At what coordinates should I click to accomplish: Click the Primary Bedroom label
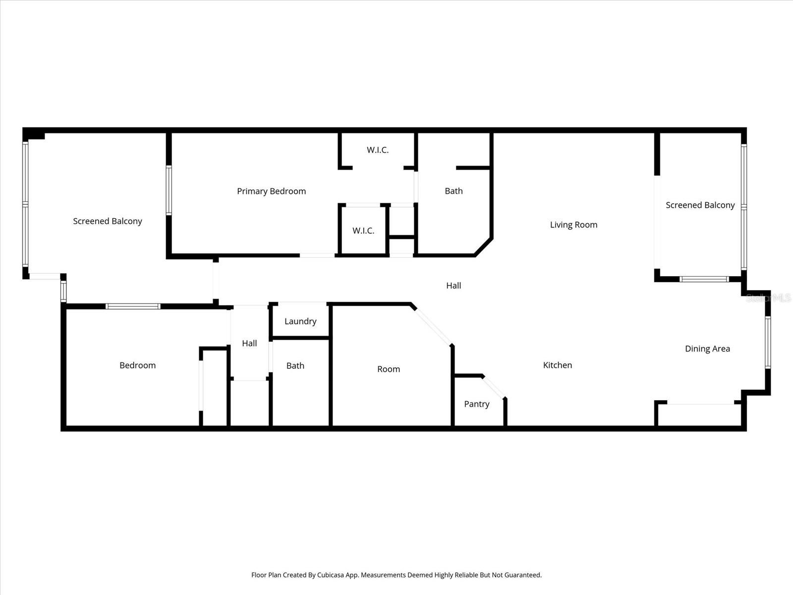271,191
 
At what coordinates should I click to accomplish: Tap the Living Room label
573,225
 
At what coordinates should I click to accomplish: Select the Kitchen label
558,365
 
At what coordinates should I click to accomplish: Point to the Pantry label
476,404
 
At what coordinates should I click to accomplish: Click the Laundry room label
300,321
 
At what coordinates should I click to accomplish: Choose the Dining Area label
707,349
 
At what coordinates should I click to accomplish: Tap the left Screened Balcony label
108,221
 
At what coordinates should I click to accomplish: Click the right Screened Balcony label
700,205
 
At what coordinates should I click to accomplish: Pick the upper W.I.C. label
378,150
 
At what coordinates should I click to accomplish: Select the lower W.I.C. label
363,231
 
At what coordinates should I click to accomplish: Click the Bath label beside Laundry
295,366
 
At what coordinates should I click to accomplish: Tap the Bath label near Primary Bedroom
453,191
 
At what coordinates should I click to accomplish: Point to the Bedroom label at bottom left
137,365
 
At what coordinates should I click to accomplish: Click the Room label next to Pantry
389,369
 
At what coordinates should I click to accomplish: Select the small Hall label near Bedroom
249,343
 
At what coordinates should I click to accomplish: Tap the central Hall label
453,286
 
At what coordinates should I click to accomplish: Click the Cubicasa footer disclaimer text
396,575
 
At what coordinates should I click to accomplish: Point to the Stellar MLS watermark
768,298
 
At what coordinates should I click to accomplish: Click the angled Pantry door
494,387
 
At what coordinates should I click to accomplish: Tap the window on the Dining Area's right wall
768,342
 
